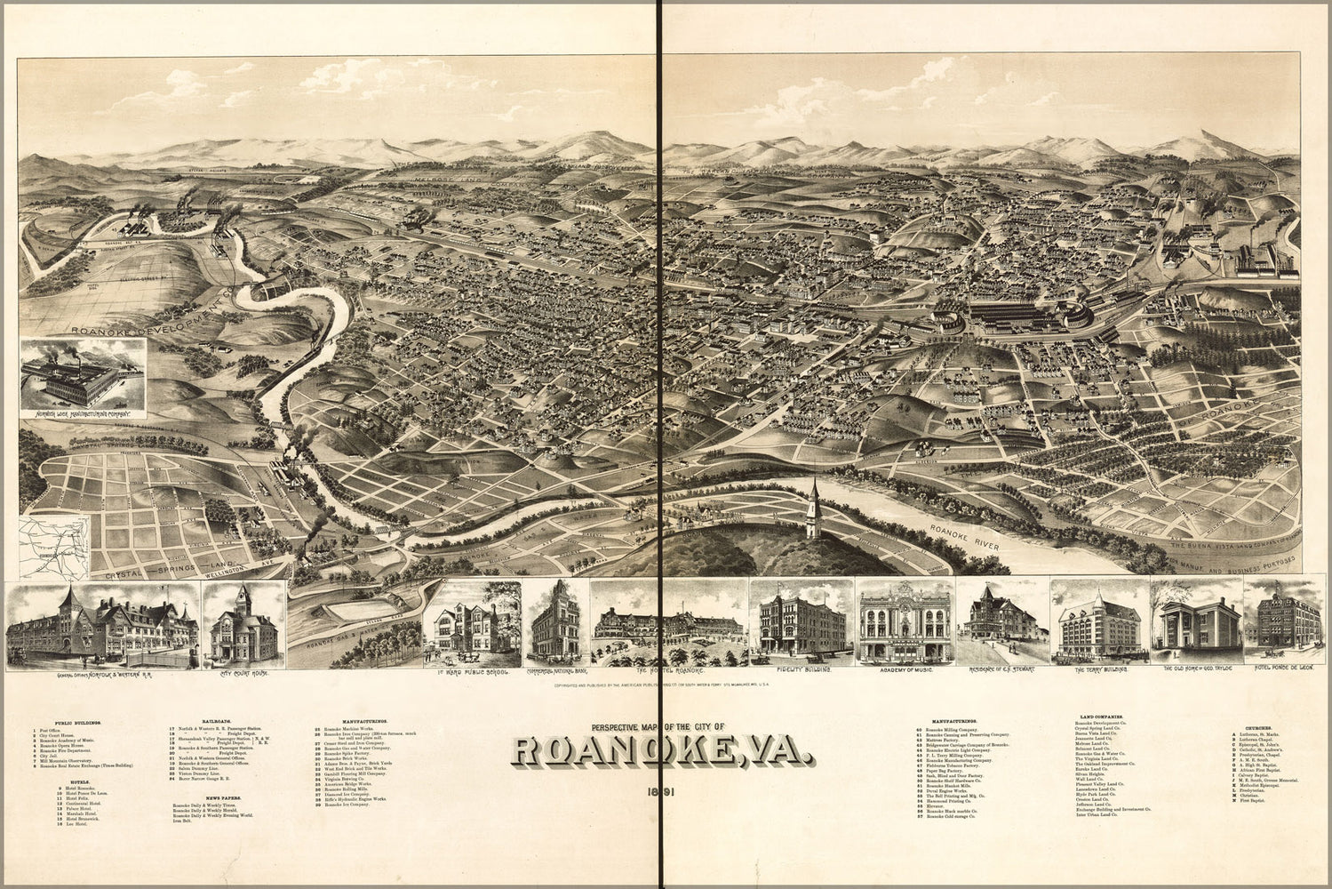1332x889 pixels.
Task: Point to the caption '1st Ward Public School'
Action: click(472, 673)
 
